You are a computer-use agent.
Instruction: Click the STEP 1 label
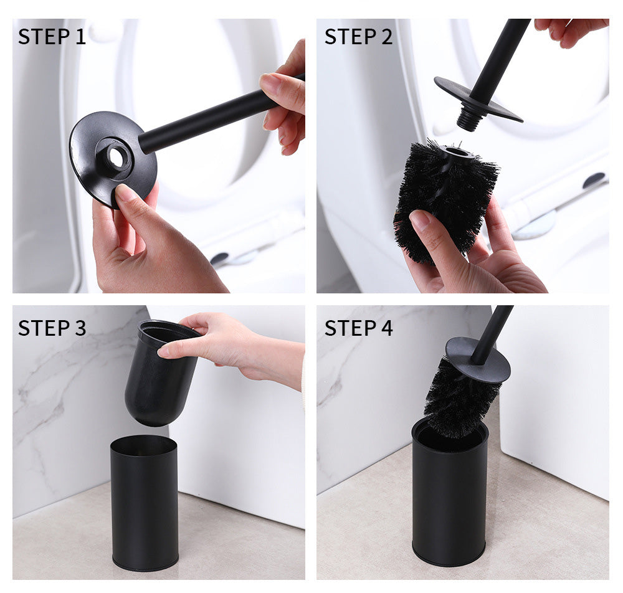[x=52, y=37]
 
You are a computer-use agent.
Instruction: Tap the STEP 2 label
[x=358, y=37]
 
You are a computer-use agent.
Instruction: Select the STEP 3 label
[x=52, y=328]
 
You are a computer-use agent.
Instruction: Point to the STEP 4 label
[x=358, y=328]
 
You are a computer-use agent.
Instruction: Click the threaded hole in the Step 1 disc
[x=116, y=158]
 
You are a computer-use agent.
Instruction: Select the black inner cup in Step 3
[x=159, y=373]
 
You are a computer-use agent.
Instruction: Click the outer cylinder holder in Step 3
[x=145, y=503]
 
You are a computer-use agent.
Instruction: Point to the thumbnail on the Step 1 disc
[x=126, y=192]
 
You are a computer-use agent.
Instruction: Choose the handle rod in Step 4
[x=492, y=334]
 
